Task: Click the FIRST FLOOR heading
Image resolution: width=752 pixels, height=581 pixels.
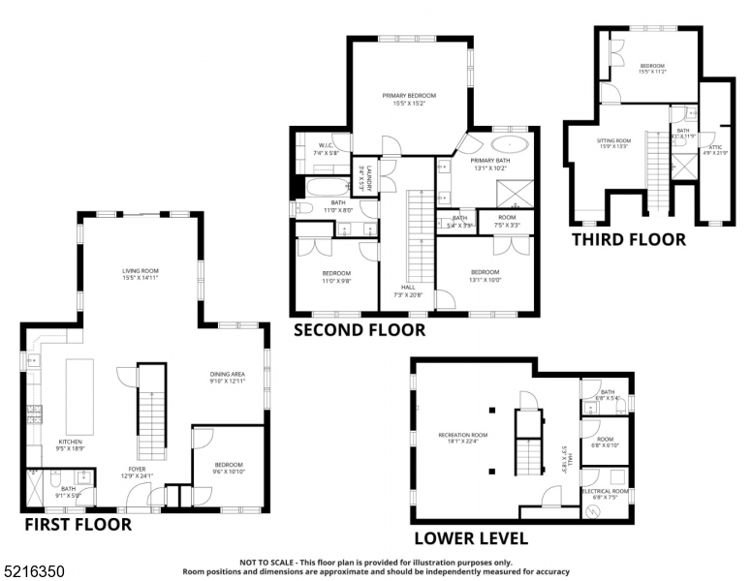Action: tap(78, 524)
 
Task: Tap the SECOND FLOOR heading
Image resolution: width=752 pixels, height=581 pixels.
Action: tap(359, 330)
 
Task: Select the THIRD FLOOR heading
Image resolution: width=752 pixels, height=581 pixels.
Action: tap(627, 239)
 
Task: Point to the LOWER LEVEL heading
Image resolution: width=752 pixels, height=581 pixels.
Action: tap(471, 538)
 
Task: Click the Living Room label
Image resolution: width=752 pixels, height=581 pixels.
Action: tap(141, 274)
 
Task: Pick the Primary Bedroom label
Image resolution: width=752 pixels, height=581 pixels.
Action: tap(409, 99)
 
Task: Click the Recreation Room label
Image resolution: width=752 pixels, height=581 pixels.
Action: tap(462, 439)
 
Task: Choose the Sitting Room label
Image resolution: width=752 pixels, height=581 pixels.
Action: tap(613, 142)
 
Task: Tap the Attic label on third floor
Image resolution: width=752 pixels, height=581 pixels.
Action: tap(715, 149)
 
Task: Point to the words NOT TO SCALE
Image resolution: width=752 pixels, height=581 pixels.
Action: tap(268, 562)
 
